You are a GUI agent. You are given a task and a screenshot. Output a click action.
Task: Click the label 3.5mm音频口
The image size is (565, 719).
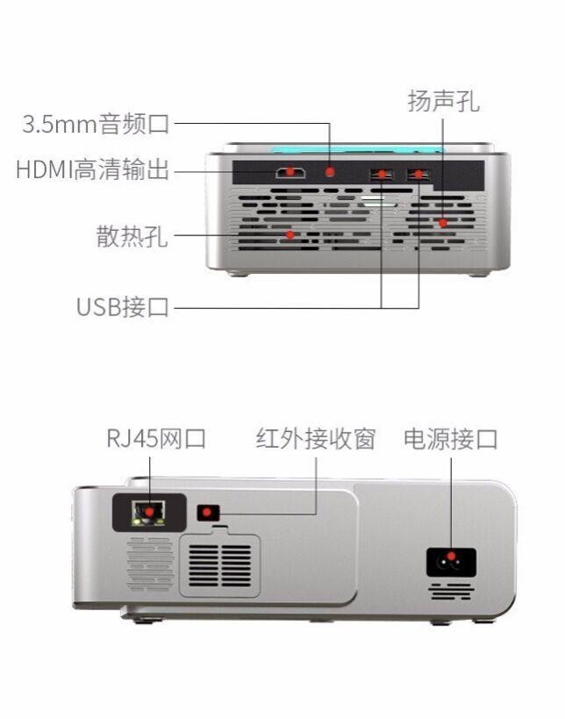(x=96, y=124)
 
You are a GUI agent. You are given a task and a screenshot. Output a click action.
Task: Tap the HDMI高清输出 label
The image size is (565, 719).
(x=92, y=169)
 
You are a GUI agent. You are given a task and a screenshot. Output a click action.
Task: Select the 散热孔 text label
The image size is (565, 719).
(x=132, y=236)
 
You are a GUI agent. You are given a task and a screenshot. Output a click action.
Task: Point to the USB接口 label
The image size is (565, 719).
(x=123, y=307)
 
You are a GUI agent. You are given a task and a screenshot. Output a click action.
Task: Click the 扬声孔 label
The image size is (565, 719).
(x=443, y=101)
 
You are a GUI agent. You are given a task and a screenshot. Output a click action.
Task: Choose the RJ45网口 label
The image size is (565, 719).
(x=156, y=438)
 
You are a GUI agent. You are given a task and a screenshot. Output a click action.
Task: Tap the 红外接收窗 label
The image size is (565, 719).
(x=315, y=438)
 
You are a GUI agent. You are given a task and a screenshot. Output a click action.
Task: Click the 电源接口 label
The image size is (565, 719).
(x=450, y=438)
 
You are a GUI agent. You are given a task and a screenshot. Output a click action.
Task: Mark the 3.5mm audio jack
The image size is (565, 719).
(x=330, y=172)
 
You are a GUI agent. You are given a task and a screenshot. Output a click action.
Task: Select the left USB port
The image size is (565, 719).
(x=382, y=175)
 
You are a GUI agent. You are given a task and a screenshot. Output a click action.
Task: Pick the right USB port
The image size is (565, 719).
(x=418, y=175)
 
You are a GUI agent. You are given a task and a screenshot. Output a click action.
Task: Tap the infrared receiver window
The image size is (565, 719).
(x=208, y=512)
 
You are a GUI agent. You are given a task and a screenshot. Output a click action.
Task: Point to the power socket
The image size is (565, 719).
(x=451, y=559)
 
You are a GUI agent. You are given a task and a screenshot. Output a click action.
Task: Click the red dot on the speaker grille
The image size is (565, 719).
(x=443, y=223)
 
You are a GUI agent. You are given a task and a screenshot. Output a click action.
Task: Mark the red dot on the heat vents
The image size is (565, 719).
(x=290, y=235)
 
